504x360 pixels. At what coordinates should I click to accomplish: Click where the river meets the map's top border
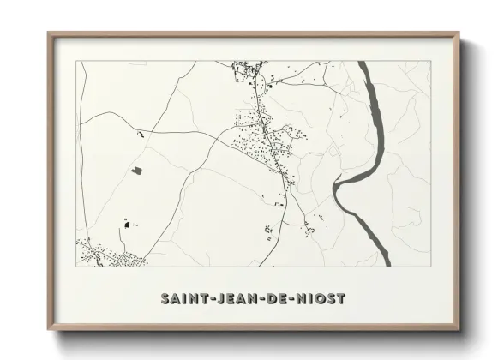[363, 63]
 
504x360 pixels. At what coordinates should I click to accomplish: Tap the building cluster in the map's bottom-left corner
[103, 253]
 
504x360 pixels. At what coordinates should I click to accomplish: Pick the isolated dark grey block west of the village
[136, 170]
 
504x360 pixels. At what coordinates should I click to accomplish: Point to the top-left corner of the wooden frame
[49, 33]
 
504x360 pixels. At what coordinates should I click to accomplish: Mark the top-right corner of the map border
[431, 62]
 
